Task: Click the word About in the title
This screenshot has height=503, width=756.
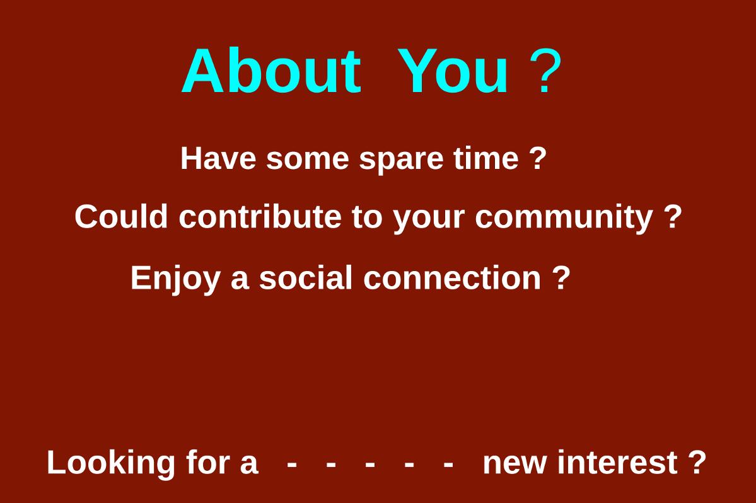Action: pos(271,71)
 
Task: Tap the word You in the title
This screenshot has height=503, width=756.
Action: pos(453,71)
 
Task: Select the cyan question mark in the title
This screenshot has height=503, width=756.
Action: pos(545,71)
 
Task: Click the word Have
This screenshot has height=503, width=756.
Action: pos(218,158)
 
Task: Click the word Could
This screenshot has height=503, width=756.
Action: pos(121,216)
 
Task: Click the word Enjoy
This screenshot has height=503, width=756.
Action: pos(175,279)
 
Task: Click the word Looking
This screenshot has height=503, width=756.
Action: pos(111,463)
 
